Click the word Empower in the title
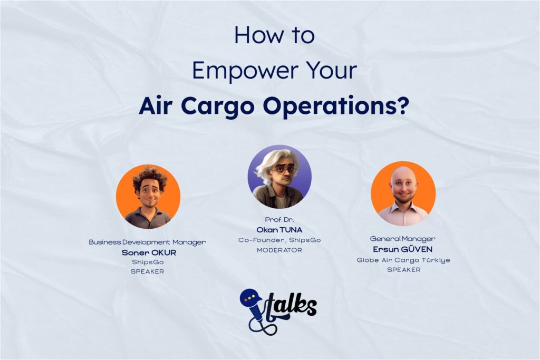(x=237, y=71)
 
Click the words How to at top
(x=274, y=36)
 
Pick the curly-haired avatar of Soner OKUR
(x=148, y=197)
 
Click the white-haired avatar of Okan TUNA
(x=279, y=177)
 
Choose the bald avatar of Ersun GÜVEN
(x=403, y=193)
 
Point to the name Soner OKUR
(x=148, y=252)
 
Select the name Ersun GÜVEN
(x=403, y=249)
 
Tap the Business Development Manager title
(x=147, y=242)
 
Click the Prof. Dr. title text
(x=279, y=219)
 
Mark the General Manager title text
(x=403, y=239)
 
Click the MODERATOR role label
(x=279, y=250)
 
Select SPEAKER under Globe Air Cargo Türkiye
(x=403, y=269)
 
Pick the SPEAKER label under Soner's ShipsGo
(x=148, y=272)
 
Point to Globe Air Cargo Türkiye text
(x=403, y=260)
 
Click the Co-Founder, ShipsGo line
(x=279, y=240)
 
